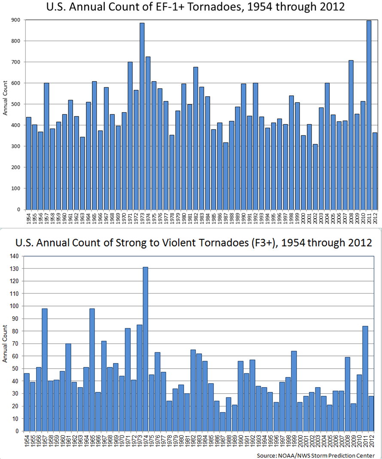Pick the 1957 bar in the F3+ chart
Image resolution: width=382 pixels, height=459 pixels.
[45, 370]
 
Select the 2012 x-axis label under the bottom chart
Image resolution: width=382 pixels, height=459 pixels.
[371, 441]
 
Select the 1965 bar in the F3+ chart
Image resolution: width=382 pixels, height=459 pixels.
[92, 370]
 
